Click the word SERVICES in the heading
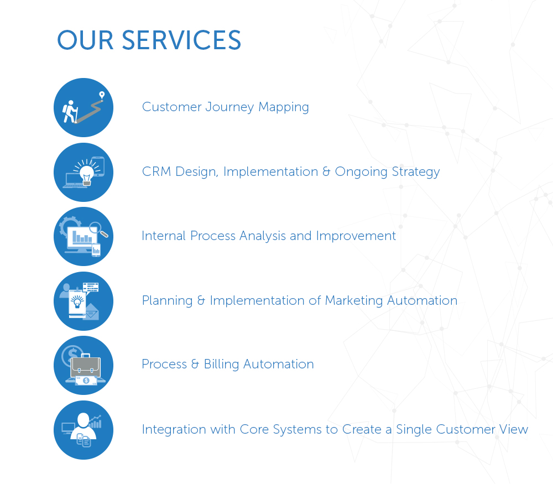[x=181, y=40]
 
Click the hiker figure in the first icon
[x=70, y=111]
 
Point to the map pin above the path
[x=101, y=96]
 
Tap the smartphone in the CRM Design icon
[x=98, y=166]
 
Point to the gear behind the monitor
[x=68, y=226]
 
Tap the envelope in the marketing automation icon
[x=90, y=312]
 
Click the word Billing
[x=221, y=365]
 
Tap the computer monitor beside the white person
[x=68, y=428]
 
